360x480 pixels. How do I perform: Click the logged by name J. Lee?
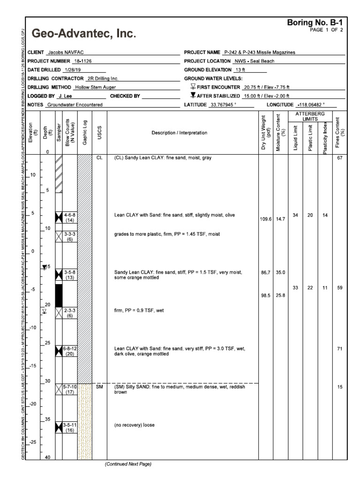(x=70, y=96)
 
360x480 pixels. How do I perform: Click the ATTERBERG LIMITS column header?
(x=310, y=117)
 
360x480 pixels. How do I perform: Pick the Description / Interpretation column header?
(x=182, y=133)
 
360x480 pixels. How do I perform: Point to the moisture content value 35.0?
(x=281, y=272)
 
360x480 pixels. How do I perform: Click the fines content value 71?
(x=339, y=349)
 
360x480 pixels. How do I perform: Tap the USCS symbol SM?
(x=99, y=387)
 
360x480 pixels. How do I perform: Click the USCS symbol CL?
(x=99, y=158)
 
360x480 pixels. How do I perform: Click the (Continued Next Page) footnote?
(x=128, y=464)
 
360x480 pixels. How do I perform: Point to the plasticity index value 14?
(x=324, y=215)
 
